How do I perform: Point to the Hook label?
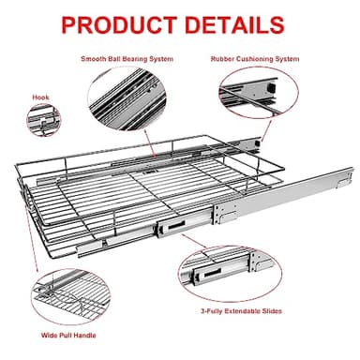[x=39, y=96]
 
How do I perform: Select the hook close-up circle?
[x=42, y=120]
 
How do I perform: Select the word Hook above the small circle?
[x=39, y=96]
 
